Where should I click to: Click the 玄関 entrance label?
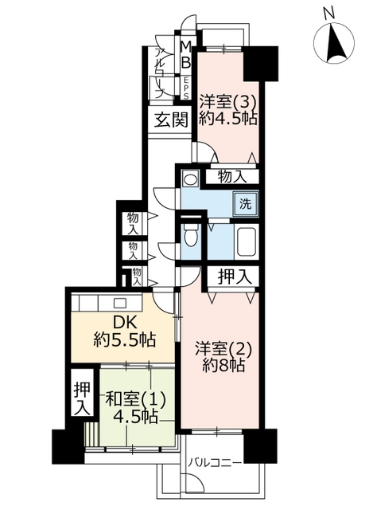(x=171, y=120)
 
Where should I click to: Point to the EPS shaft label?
(x=186, y=88)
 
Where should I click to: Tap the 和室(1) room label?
(x=136, y=399)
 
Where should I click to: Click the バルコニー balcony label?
(x=215, y=462)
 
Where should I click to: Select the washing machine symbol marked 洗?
(x=246, y=204)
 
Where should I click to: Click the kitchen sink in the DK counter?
(x=120, y=303)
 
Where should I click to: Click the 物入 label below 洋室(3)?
(x=232, y=177)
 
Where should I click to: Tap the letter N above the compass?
(x=328, y=14)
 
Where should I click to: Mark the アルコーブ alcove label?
(x=160, y=73)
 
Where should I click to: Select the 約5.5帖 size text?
(x=124, y=341)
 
